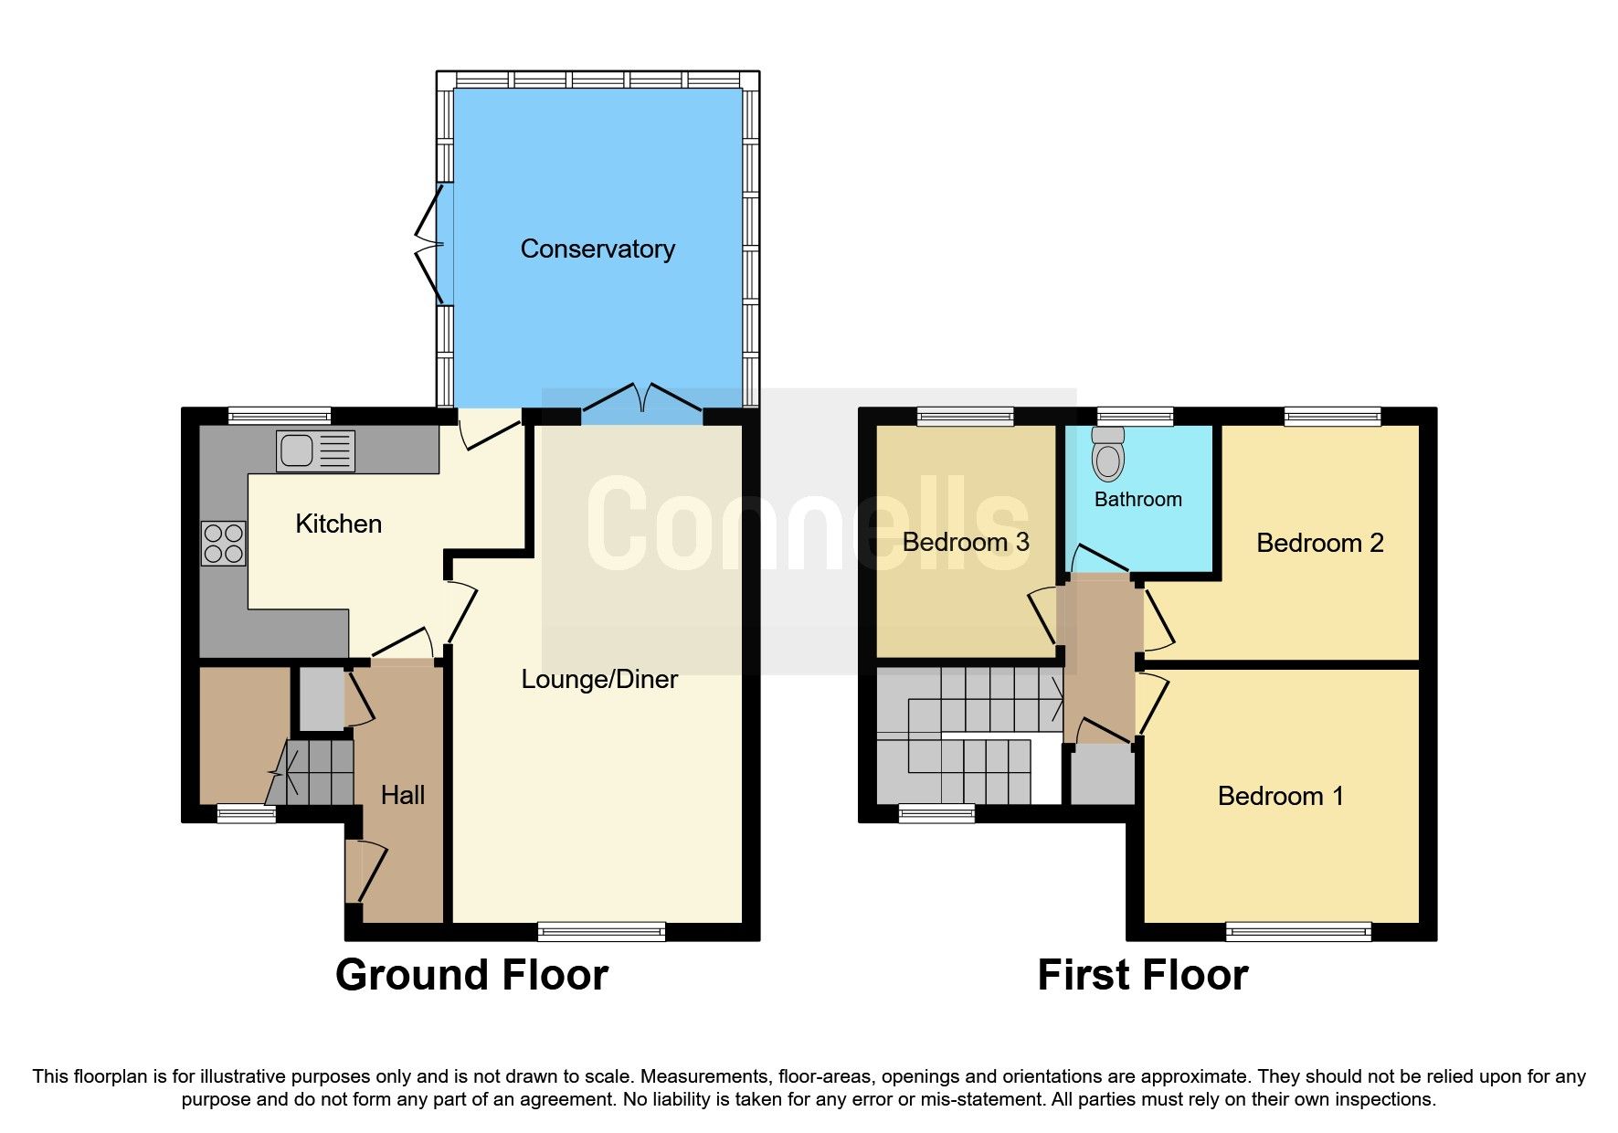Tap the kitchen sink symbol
click(315, 451)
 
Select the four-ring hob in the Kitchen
click(224, 544)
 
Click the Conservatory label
click(597, 249)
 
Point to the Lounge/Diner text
click(599, 679)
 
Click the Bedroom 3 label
click(966, 542)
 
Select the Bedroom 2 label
click(1319, 543)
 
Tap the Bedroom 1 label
click(1280, 796)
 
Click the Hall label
click(403, 795)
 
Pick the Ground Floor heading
click(471, 975)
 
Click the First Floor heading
click(1142, 975)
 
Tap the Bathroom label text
click(1137, 499)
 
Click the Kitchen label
click(338, 524)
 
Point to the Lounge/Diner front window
click(601, 932)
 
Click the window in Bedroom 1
click(1297, 932)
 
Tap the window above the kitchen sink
click(280, 417)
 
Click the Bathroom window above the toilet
click(1135, 417)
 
